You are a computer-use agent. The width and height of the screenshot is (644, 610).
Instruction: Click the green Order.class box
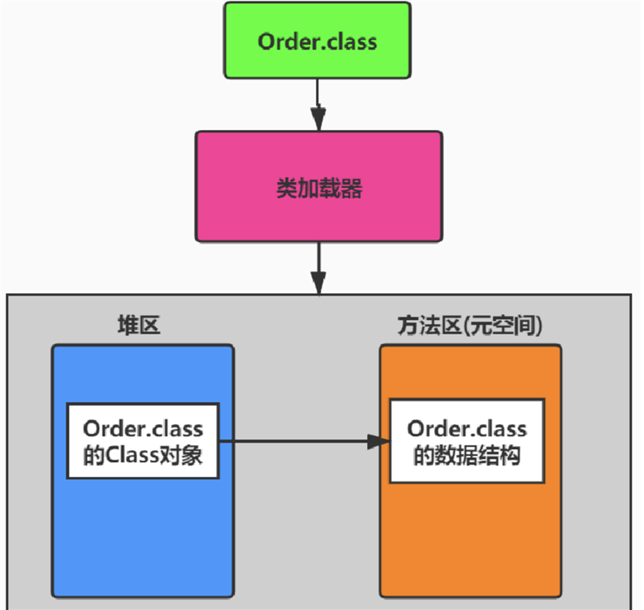click(318, 41)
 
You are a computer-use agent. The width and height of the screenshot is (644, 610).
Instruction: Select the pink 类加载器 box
click(318, 186)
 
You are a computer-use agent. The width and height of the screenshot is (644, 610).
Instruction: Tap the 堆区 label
click(140, 326)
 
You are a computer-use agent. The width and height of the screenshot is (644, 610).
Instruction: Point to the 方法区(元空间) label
click(469, 326)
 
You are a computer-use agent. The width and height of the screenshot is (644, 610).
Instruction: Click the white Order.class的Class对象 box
click(143, 441)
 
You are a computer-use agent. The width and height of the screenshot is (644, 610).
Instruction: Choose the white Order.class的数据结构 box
click(467, 441)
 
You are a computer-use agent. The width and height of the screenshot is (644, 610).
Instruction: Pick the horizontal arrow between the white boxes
click(300, 441)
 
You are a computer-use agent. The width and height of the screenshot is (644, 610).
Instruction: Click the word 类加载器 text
click(318, 189)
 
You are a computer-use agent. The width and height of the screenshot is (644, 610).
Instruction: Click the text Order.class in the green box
click(318, 41)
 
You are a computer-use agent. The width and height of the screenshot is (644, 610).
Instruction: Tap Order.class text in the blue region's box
click(143, 427)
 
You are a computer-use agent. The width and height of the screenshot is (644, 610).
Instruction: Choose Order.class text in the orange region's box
click(467, 427)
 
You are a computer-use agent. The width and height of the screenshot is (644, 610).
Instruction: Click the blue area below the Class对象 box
click(143, 536)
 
